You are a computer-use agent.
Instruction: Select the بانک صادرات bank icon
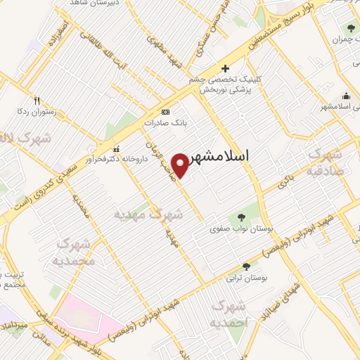coord(165,112)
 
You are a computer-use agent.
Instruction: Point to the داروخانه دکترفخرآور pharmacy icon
coord(117,148)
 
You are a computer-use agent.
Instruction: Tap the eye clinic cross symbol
coord(224,68)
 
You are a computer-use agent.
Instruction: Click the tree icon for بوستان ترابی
coord(245,266)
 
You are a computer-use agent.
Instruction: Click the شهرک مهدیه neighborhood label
coord(148,214)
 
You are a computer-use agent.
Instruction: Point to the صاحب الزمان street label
coord(160,158)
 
